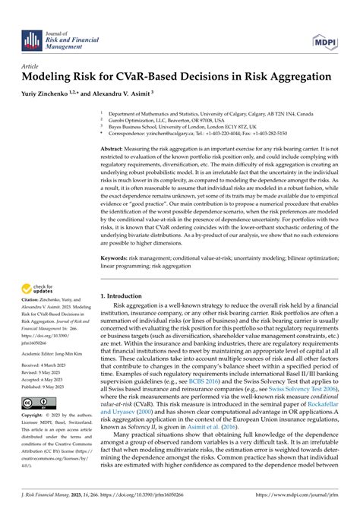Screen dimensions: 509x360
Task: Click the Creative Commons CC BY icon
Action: (x=37, y=401)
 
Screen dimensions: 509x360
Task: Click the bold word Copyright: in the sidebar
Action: (x=35, y=416)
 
